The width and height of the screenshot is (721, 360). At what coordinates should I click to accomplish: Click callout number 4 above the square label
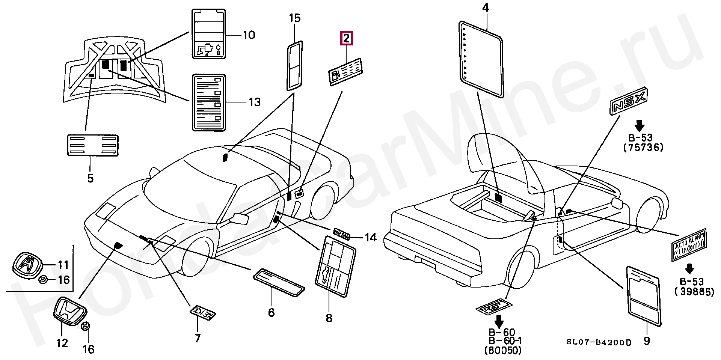pyautogui.click(x=486, y=8)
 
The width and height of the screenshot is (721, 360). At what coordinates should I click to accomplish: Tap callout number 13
pyautogui.click(x=254, y=102)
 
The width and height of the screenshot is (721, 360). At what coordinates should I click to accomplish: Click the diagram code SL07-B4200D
pyautogui.click(x=599, y=342)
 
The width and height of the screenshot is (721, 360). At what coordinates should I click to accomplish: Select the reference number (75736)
pyautogui.click(x=643, y=148)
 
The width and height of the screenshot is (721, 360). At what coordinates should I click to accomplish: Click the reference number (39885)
pyautogui.click(x=694, y=292)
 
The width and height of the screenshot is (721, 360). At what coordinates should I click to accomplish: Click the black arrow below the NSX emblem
pyautogui.click(x=640, y=125)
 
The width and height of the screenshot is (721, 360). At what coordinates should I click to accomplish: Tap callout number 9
pyautogui.click(x=647, y=341)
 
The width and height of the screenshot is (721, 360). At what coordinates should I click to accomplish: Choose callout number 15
pyautogui.click(x=295, y=18)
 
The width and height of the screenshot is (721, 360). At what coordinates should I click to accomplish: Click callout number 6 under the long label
pyautogui.click(x=271, y=312)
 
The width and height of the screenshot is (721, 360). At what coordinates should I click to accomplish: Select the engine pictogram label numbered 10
pyautogui.click(x=209, y=35)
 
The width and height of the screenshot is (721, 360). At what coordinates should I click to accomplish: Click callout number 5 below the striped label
pyautogui.click(x=90, y=178)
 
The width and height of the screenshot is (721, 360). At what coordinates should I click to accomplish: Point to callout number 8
pyautogui.click(x=329, y=318)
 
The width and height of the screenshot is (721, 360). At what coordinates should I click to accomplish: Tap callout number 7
pyautogui.click(x=197, y=338)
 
